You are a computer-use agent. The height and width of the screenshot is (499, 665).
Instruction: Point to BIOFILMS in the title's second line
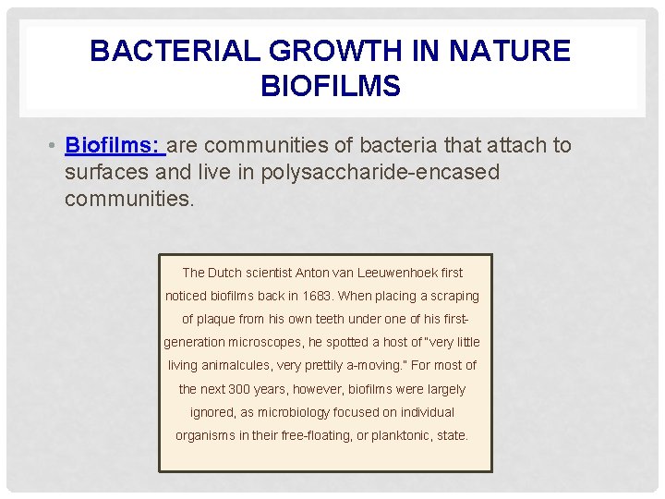pos(331,87)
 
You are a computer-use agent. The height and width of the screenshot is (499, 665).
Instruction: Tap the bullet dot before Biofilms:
pos(55,146)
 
